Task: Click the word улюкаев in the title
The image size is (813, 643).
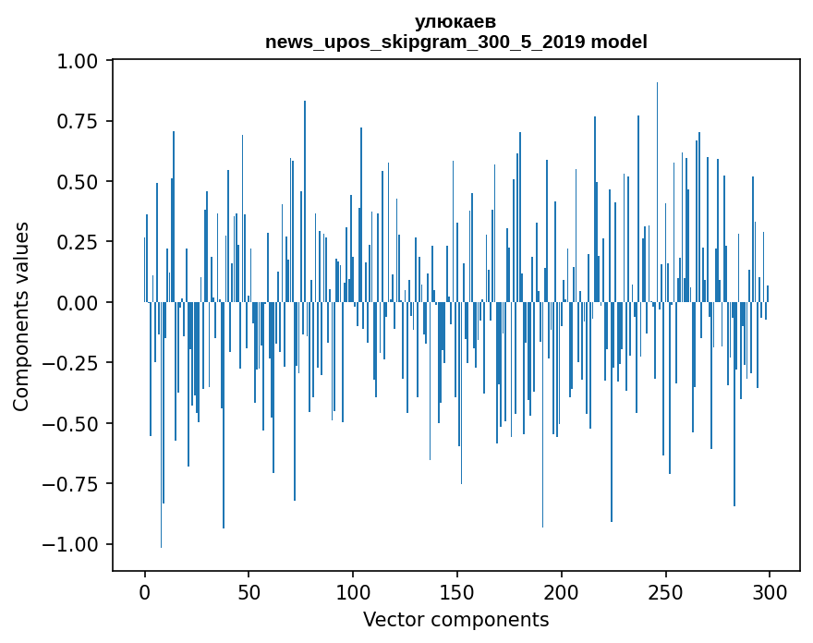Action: pos(455,22)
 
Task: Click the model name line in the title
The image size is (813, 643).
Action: pos(455,42)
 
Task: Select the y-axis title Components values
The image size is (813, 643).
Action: pos(21,316)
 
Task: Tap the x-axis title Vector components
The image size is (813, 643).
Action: pos(455,620)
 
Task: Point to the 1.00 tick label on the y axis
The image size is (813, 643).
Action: pos(81,62)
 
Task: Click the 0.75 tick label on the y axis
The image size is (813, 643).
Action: pos(81,122)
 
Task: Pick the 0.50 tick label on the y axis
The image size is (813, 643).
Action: pos(81,182)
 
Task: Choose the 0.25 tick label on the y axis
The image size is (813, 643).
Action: pos(81,242)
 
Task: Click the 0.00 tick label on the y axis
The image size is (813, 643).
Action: pos(81,303)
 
